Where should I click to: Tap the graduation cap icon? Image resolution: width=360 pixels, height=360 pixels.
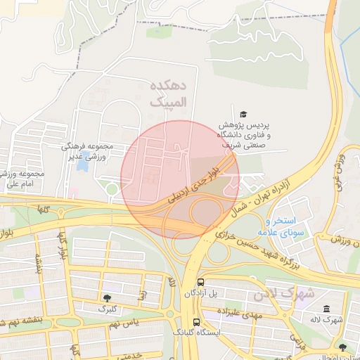pyautogui.click(x=243, y=114)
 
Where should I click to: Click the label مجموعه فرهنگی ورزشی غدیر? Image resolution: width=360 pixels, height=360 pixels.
pyautogui.click(x=86, y=152)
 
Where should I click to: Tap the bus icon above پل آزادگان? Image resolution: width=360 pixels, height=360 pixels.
pyautogui.click(x=198, y=280)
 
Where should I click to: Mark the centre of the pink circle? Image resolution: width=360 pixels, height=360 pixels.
pyautogui.click(x=180, y=180)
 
